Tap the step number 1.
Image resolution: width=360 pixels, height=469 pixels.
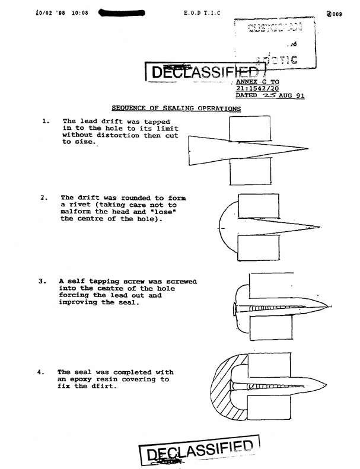click(x=46, y=121)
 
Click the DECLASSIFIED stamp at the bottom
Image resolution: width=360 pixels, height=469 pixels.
click(x=199, y=452)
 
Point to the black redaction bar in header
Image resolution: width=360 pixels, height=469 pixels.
click(x=123, y=11)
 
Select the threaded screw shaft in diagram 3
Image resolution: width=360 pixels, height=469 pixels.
click(x=276, y=308)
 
